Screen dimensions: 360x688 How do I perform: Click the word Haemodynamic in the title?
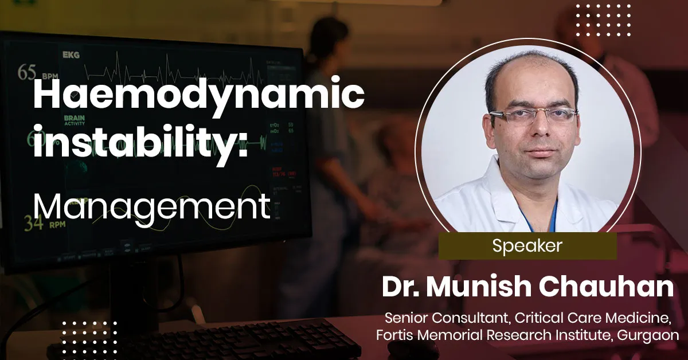click(198, 96)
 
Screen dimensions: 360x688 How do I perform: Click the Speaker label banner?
click(527, 246)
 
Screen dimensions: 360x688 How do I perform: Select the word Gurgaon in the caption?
click(647, 335)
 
